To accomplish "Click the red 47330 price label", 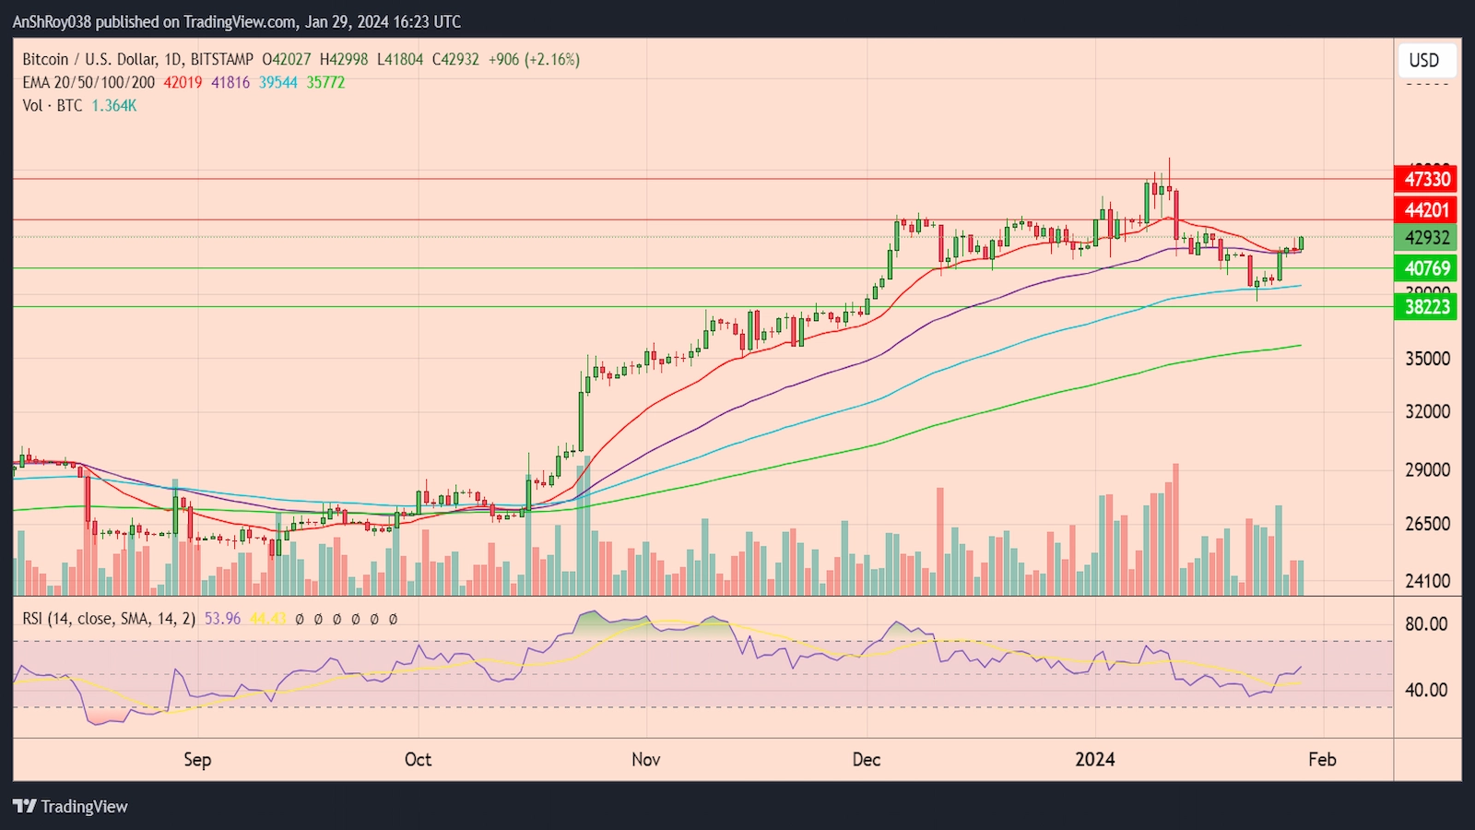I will pyautogui.click(x=1426, y=179).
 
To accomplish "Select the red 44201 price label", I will pyautogui.click(x=1426, y=210).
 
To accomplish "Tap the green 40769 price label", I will pyautogui.click(x=1426, y=268).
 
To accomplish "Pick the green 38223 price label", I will pyautogui.click(x=1426, y=307).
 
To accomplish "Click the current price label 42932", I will pyautogui.click(x=1426, y=238).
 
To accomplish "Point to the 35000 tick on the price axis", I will pyautogui.click(x=1427, y=359).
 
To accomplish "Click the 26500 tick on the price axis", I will pyautogui.click(x=1427, y=524).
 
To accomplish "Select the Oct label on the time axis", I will pyautogui.click(x=418, y=760).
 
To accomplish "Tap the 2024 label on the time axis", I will pyautogui.click(x=1095, y=760).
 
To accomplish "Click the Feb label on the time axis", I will pyautogui.click(x=1322, y=760).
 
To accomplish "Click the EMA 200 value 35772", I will pyautogui.click(x=325, y=82).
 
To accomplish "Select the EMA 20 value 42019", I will pyautogui.click(x=183, y=82).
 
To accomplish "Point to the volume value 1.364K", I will pyautogui.click(x=113, y=106).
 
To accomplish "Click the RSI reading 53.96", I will pyautogui.click(x=222, y=619).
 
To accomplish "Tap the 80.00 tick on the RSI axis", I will pyautogui.click(x=1426, y=624).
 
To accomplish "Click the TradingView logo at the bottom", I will pyautogui.click(x=70, y=807).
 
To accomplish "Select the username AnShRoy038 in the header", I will pyautogui.click(x=51, y=21).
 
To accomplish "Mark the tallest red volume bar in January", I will pyautogui.click(x=1175, y=530).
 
